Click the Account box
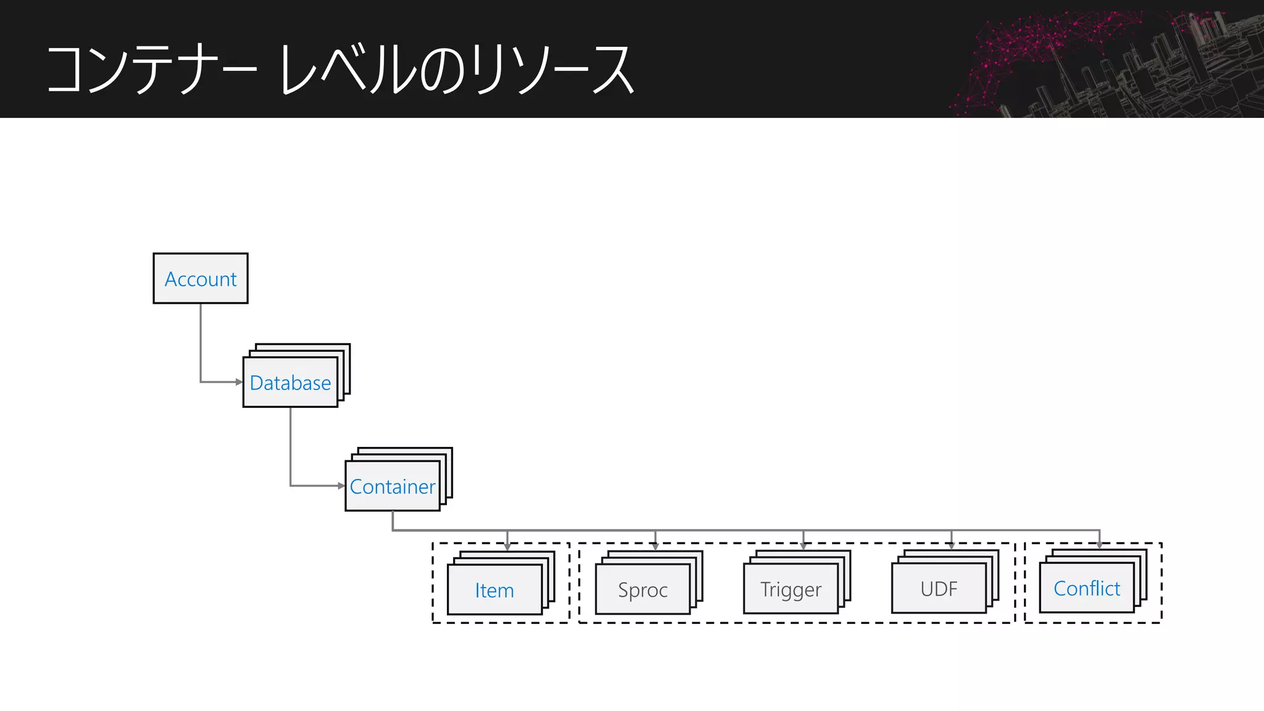201,278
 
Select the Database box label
290,383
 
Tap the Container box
393,486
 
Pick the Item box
494,590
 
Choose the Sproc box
642,589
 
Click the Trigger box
791,589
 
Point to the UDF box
939,589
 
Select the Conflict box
1087,588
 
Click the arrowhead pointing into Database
239,382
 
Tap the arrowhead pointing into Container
341,486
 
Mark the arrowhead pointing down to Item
507,547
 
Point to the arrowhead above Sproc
655,546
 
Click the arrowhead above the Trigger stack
804,546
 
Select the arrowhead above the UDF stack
952,546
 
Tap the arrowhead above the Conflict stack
1100,545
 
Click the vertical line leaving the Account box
201,339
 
